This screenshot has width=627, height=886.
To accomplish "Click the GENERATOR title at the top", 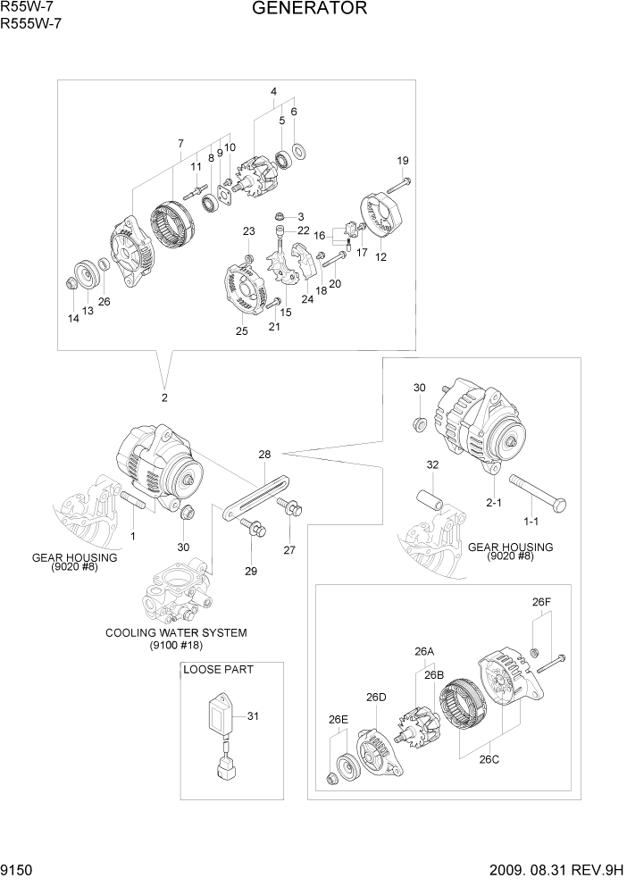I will point(309,9).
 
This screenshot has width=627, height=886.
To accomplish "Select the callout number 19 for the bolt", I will point(403,161).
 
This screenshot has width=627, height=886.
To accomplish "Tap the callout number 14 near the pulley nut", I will point(72,317).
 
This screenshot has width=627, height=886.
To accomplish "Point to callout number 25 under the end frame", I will point(241,331).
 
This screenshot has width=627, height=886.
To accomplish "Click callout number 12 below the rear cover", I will point(380,258).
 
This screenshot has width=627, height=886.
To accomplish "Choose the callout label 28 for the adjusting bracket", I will point(264,455).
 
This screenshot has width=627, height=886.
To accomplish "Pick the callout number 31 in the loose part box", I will point(252,715).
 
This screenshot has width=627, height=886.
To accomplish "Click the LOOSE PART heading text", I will point(218,669).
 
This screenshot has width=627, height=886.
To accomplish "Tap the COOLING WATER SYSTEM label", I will point(176,632).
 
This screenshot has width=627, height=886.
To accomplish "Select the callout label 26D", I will point(376,697).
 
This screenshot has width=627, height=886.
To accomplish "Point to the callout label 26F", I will point(541,602).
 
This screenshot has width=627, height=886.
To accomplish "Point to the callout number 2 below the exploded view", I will point(164,397).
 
